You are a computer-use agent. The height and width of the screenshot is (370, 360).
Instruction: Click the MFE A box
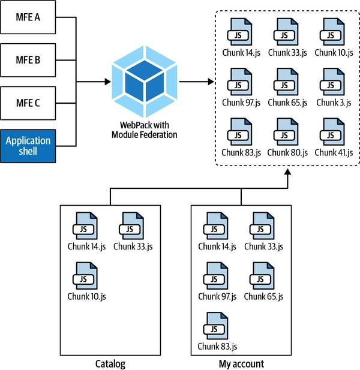pos(28,17)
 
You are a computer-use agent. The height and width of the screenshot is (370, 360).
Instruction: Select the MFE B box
pos(28,60)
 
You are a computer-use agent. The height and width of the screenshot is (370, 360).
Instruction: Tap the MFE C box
pos(28,103)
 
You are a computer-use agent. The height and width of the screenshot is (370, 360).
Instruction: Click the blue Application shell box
pos(28,146)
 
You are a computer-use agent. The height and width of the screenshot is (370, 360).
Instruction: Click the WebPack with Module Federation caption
pos(145,130)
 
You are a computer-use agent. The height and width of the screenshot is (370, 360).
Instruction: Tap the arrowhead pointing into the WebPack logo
pos(109,82)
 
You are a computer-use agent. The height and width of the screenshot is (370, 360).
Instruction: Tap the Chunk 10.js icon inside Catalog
pos(86,276)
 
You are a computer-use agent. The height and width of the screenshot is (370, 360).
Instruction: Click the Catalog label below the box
pos(110,363)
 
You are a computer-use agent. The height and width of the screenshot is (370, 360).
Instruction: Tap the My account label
pos(241,363)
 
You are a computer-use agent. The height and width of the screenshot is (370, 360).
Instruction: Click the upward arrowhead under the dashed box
pos(287,173)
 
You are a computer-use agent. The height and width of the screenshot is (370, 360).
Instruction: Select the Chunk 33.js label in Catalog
pos(132,245)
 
